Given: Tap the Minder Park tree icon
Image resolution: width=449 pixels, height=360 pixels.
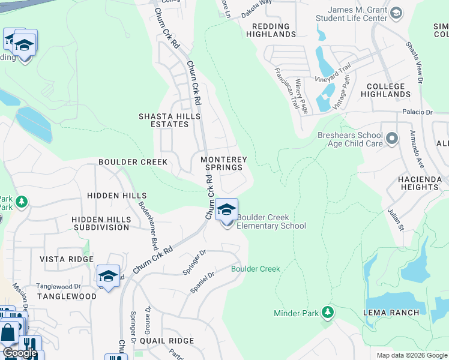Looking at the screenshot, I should [327, 312].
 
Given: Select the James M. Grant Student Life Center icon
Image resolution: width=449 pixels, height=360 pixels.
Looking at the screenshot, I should [396, 13].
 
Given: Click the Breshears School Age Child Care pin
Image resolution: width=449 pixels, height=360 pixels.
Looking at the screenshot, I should [392, 139].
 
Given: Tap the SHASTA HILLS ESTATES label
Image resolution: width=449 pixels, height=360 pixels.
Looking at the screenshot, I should [163, 120].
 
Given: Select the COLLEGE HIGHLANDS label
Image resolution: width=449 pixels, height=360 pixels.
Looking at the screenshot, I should [386, 90].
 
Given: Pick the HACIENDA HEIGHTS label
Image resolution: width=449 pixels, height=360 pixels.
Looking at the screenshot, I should [420, 184].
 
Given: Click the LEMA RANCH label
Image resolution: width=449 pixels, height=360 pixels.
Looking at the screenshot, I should [387, 313].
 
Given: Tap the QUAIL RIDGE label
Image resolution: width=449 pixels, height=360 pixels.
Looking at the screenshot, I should [166, 341].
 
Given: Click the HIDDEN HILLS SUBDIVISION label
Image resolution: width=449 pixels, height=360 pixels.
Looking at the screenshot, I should [101, 223].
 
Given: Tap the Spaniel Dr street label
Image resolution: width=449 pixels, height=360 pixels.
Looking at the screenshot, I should [202, 283].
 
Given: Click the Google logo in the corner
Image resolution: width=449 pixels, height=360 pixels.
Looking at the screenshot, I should [20, 353].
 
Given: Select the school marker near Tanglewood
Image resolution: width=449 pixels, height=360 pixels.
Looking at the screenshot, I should [108, 277].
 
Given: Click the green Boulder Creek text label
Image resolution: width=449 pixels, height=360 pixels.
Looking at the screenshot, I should [256, 269].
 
